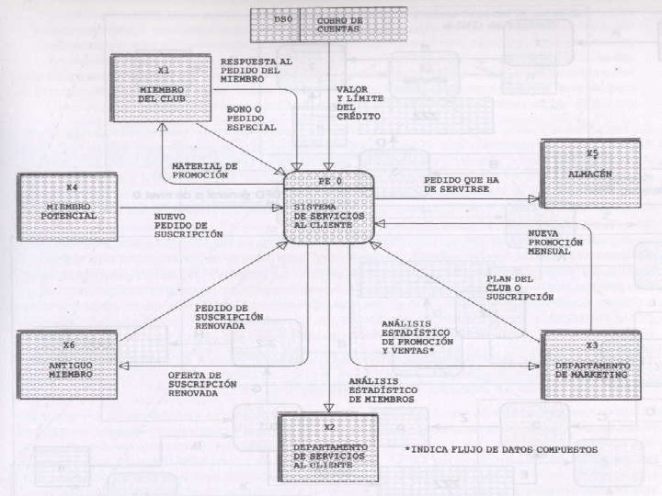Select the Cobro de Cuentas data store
tap(338, 23)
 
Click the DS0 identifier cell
tap(275, 23)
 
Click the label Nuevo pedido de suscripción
tap(188, 226)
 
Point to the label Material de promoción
tap(204, 171)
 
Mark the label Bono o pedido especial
tap(251, 118)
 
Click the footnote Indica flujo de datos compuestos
tap(501, 449)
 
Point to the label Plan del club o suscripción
tap(519, 288)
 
